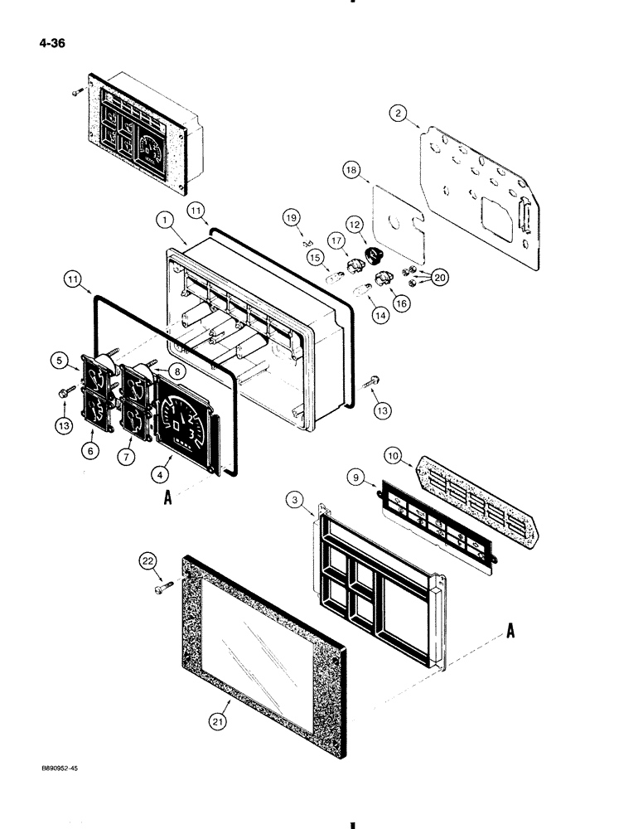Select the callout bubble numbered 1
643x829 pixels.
coord(166,222)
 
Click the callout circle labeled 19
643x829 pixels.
coord(291,218)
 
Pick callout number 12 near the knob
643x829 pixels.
coord(355,224)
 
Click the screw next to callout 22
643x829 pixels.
coord(163,589)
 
